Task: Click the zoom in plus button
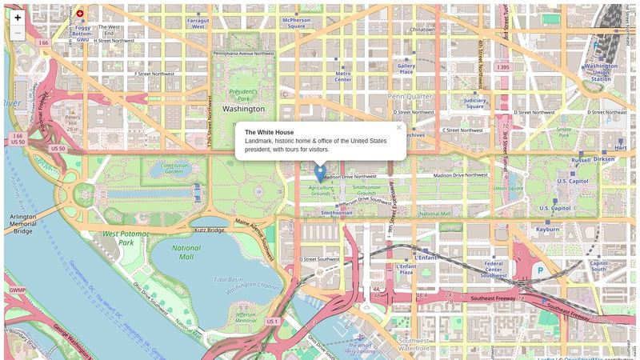(x=18, y=17)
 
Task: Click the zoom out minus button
(x=18, y=33)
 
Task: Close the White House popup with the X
(x=398, y=127)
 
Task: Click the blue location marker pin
(x=320, y=173)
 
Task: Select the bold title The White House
(x=269, y=132)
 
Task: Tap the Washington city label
(x=243, y=108)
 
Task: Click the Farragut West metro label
(x=198, y=22)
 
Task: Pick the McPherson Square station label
(x=296, y=22)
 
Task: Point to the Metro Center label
(x=342, y=76)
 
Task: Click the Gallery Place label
(x=406, y=69)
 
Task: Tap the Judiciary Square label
(x=474, y=102)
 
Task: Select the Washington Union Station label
(x=600, y=72)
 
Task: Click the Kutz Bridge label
(x=210, y=230)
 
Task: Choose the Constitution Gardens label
(x=175, y=169)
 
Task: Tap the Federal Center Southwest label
(x=494, y=269)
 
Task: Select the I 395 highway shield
(x=502, y=66)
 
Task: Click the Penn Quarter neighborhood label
(x=410, y=96)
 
